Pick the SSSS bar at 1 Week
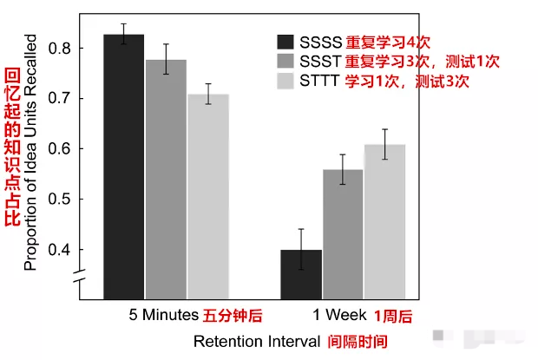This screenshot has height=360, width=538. pos(301,272)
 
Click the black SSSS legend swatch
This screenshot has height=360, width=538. pos(285,43)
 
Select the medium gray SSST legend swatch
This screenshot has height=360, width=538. pos(285,62)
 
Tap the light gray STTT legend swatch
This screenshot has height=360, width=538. pos(285,82)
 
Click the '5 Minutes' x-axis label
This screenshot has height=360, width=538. pos(162,314)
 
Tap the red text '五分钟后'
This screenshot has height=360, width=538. pos(232,314)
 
